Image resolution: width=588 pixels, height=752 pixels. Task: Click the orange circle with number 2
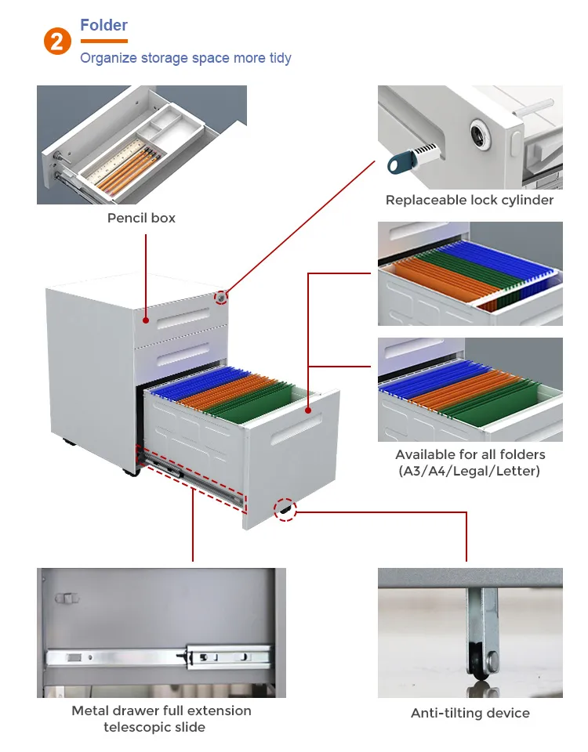point(57,42)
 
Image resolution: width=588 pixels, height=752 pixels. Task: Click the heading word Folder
point(103,25)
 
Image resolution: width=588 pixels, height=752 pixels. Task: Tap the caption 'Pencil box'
point(141,219)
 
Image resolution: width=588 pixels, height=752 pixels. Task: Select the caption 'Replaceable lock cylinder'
point(470,200)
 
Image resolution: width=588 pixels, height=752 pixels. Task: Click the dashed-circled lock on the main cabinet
point(221,298)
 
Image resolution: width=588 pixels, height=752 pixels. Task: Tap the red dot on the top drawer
point(146,320)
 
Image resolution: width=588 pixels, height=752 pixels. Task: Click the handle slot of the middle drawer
point(183,353)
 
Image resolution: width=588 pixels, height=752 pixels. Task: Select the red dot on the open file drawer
point(308,410)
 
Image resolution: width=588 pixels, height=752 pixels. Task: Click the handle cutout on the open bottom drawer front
point(296,430)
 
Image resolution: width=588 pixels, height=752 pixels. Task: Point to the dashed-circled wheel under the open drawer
point(285,510)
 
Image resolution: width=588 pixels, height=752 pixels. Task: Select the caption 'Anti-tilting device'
point(470,713)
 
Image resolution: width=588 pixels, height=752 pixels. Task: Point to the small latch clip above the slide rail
point(67,598)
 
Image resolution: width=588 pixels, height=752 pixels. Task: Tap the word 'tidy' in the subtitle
point(281,58)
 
